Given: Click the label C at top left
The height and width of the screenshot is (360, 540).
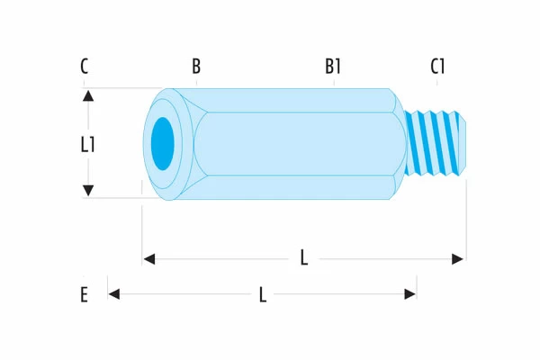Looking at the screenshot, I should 84,67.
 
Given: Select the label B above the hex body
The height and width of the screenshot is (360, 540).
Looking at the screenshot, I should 196,67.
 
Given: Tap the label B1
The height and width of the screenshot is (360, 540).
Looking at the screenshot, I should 334,67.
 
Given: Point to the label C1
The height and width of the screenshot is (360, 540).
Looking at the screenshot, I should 438,67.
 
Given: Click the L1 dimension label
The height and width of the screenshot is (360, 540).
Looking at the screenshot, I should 87,144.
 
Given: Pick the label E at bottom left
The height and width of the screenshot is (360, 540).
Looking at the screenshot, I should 84,294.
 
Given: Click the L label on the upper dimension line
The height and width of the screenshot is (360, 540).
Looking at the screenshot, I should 304,259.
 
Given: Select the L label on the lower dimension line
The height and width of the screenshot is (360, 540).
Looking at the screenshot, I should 262,294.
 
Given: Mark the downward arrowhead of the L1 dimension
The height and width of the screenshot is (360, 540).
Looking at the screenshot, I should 88,191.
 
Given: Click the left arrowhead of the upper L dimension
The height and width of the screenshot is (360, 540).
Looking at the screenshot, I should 149,259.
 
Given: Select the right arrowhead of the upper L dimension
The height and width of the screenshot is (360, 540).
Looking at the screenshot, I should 458,259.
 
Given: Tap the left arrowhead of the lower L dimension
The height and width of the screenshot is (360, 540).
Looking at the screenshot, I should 114,293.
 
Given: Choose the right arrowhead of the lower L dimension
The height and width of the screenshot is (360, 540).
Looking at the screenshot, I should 410,293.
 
